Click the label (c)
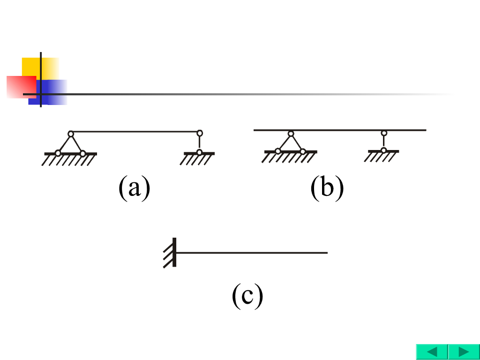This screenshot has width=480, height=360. pos(247,296)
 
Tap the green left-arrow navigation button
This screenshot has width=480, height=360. pos(432,352)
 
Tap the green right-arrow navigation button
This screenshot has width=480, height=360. pos(464,352)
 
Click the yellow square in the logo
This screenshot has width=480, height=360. pos(33,66)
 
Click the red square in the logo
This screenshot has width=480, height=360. pos(20,86)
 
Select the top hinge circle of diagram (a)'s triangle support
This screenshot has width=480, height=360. pos(70,134)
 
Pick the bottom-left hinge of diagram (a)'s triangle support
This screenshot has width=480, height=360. pos(58,153)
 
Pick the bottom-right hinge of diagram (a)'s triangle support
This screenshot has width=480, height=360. pos(82,153)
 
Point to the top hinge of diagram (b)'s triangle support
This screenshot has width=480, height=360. pos(291,134)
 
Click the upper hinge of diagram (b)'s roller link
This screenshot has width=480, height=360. pos(384,133)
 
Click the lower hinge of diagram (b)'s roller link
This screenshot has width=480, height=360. pos(384,150)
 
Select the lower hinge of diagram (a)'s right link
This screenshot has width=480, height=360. pos(200,152)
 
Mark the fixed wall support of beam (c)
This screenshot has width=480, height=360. pos(172,253)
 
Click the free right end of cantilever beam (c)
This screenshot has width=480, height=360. pos(326,253)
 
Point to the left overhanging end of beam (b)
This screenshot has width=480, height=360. pos(255,130)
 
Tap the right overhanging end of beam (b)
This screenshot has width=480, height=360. pos(425,130)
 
